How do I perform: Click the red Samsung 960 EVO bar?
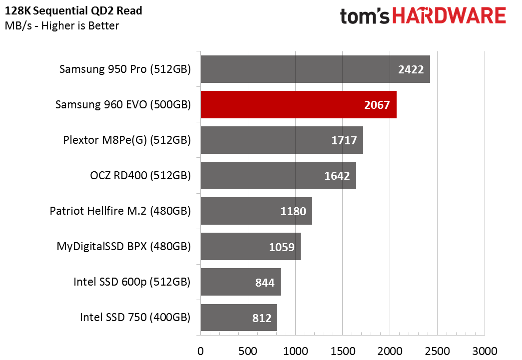coord(298,105)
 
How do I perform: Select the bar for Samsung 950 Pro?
coord(315,69)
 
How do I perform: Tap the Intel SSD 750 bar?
coord(239,318)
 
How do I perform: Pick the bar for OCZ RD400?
coord(278,176)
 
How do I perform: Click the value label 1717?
coord(344,140)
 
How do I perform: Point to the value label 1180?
coord(293,211)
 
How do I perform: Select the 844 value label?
coord(265,283)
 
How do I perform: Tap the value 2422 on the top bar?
coord(411,69)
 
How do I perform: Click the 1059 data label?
coord(282,247)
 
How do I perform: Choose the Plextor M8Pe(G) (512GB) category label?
coord(127,140)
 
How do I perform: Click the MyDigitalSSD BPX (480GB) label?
coord(124,247)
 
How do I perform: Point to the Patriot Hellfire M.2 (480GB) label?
coord(120,211)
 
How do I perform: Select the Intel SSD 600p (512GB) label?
coord(132,282)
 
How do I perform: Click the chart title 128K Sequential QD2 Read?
coord(73,11)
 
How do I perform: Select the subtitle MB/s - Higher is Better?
coord(62,25)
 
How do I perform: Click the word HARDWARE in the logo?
coord(449,16)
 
